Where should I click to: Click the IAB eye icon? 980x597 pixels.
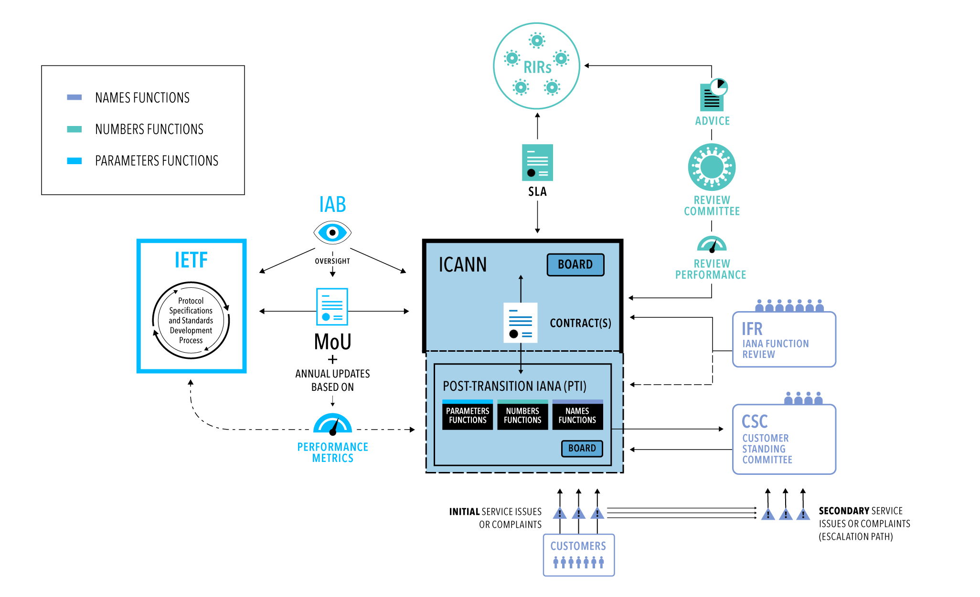point(332,233)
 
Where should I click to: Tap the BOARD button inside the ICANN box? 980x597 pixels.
point(575,265)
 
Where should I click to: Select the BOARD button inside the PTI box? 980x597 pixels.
point(582,448)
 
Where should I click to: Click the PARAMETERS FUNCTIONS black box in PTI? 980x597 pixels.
point(467,416)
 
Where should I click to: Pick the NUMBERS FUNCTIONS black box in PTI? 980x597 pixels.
point(522,416)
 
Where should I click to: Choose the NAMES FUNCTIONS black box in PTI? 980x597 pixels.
point(577,416)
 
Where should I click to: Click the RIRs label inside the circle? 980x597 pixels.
point(537,67)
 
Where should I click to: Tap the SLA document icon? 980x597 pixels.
point(537,163)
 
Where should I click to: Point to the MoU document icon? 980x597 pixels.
point(332,307)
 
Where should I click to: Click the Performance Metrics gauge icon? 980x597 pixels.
point(332,424)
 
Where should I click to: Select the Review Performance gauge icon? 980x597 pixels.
point(712,244)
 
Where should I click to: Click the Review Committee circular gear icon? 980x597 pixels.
point(712,167)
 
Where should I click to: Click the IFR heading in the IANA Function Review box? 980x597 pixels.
point(752,329)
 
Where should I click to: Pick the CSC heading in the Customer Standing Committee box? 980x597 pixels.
point(755,422)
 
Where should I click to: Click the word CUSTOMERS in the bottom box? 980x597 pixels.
point(578,546)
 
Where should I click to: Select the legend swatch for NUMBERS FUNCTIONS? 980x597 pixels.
point(75,129)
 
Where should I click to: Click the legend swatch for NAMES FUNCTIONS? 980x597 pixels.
point(75,97)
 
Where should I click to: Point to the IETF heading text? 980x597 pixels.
point(191,261)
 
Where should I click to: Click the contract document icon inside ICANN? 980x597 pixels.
point(520,323)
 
